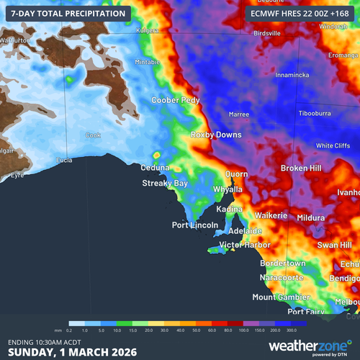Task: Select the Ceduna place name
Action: click(155, 168)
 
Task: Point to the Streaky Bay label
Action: click(165, 184)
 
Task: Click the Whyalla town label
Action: click(228, 189)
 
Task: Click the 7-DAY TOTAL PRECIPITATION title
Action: click(66, 12)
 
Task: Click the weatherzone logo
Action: click(309, 346)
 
